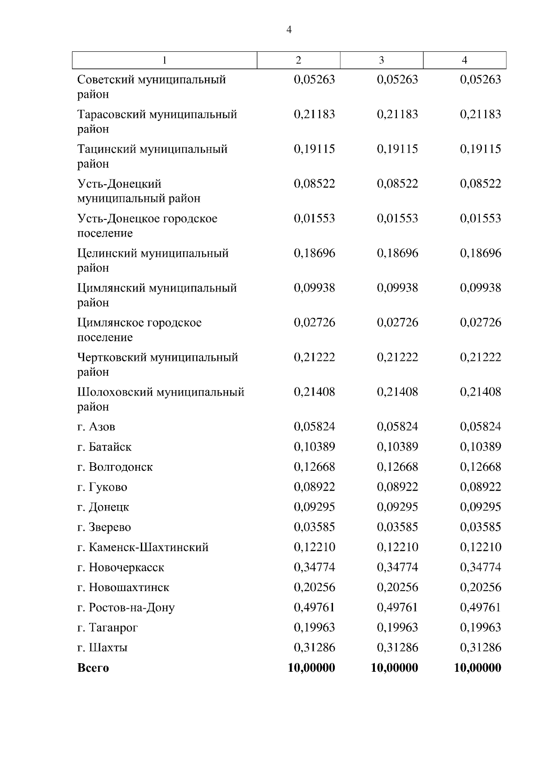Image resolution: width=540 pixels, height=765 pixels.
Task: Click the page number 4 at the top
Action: [x=289, y=30]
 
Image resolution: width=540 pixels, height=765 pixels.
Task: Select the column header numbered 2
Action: [x=298, y=60]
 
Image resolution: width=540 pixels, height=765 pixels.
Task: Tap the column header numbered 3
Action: [x=382, y=60]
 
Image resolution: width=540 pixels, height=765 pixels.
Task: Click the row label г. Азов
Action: [x=96, y=427]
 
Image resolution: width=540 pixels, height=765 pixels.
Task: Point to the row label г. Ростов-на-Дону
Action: [x=126, y=608]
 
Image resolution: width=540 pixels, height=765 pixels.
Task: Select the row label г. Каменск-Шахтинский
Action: [x=143, y=547]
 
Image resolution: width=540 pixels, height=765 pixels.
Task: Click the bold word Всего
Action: [x=93, y=668]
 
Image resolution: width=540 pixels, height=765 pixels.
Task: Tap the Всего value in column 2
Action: [x=311, y=668]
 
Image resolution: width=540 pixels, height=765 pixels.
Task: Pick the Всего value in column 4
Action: [x=477, y=668]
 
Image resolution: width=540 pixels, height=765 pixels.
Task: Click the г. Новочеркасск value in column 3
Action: [x=397, y=567]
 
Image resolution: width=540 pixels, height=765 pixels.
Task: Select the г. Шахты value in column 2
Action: [x=315, y=647]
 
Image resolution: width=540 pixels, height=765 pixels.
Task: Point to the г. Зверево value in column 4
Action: [x=480, y=527]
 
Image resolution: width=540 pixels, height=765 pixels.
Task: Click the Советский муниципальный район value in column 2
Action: [x=315, y=80]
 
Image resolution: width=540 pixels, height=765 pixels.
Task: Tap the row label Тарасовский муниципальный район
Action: [x=157, y=122]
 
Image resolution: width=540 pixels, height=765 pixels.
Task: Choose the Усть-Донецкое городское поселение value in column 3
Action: [x=397, y=219]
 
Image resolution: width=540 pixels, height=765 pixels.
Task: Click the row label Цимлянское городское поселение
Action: [x=139, y=330]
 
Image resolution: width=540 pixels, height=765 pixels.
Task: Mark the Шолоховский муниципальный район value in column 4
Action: [x=480, y=392]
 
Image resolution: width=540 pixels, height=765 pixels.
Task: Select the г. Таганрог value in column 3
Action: [x=397, y=628]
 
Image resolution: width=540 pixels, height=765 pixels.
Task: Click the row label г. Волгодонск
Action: [x=115, y=467]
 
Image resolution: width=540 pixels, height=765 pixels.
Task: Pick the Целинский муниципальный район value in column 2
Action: [x=315, y=253]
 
